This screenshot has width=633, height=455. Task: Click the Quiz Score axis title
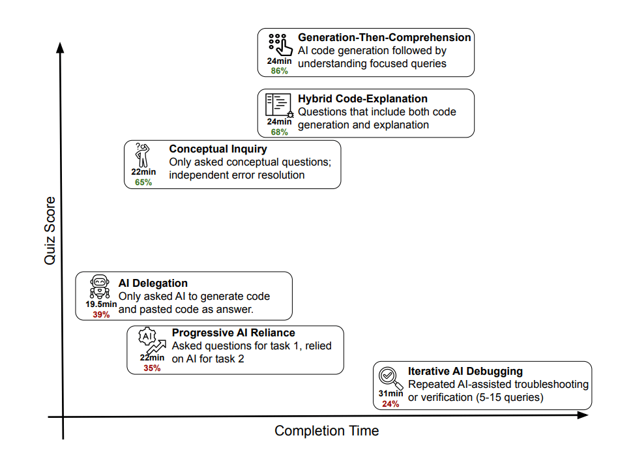point(50,230)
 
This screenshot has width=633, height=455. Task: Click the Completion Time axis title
point(327,431)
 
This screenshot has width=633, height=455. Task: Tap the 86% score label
point(279,70)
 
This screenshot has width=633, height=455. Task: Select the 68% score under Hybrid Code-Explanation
point(279,132)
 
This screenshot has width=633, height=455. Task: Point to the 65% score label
point(143,183)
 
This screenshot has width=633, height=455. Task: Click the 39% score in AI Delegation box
point(101,314)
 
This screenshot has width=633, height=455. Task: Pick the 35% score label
point(152,368)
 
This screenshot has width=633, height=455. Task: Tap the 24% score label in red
point(390,404)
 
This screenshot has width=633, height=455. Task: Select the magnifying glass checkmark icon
point(390,377)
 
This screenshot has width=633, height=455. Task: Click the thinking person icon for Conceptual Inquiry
point(143,154)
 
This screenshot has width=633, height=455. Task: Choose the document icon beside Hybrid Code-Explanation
point(278,105)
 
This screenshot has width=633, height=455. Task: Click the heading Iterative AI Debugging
point(465,371)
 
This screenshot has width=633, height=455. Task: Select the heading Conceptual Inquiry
point(218,149)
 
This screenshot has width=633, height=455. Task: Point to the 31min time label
point(390,394)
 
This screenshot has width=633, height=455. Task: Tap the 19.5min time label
point(101,304)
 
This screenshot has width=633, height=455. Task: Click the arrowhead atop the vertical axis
point(61,48)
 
